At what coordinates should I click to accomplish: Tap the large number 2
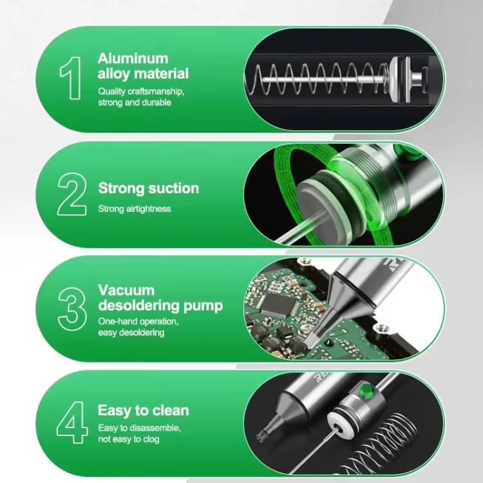(x=71, y=194)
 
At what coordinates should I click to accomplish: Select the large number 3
(x=71, y=309)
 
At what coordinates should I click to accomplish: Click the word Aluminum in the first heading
(x=133, y=59)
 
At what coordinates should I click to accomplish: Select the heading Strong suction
(x=148, y=188)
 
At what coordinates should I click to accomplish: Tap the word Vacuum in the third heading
(x=126, y=290)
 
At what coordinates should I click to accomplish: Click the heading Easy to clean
(x=143, y=410)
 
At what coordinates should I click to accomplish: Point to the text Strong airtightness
(x=135, y=209)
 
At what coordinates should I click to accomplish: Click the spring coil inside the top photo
(x=322, y=77)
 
